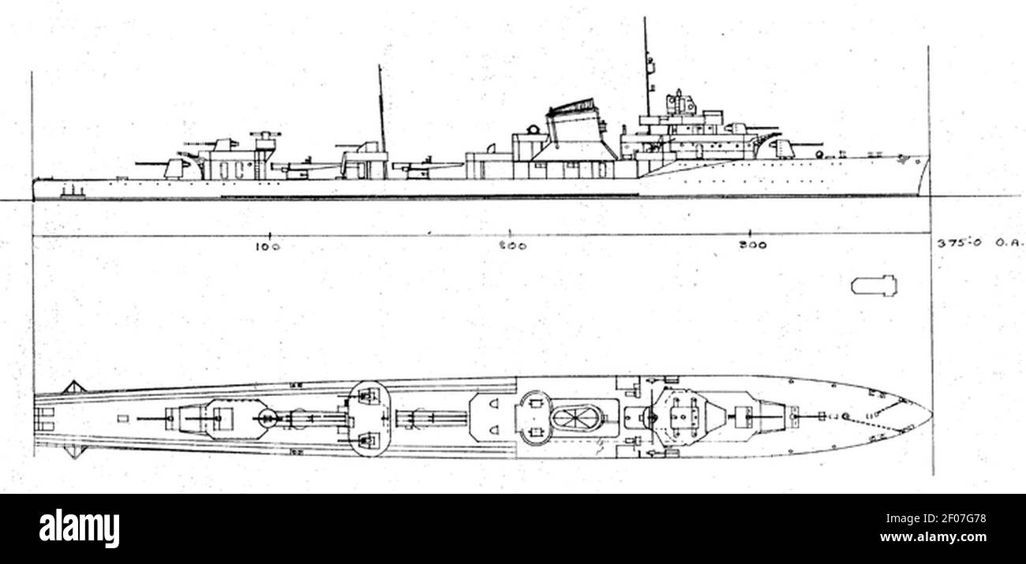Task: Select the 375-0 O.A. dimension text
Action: [979, 244]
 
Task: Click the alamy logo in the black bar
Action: [79, 528]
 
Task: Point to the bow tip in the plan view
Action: [930, 413]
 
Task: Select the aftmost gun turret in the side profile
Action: [174, 166]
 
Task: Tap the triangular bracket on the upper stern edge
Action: [73, 387]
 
